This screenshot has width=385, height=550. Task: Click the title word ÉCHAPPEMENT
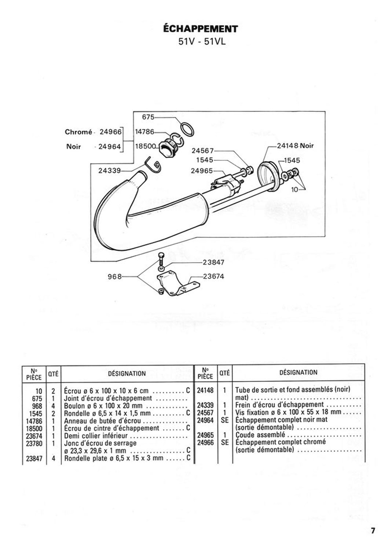200,29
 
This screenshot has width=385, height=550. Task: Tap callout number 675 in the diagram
148,117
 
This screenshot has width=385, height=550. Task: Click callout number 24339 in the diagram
110,170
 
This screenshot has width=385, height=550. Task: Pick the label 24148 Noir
296,146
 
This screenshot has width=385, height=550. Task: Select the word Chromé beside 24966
78,132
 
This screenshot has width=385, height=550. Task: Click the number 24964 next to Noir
110,147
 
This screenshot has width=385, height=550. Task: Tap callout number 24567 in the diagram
203,150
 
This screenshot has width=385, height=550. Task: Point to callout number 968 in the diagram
115,277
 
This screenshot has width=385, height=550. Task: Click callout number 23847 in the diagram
213,262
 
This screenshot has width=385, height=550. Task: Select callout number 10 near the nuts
294,190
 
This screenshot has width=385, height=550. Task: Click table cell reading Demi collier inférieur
96,436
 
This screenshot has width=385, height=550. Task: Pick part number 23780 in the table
34,443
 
